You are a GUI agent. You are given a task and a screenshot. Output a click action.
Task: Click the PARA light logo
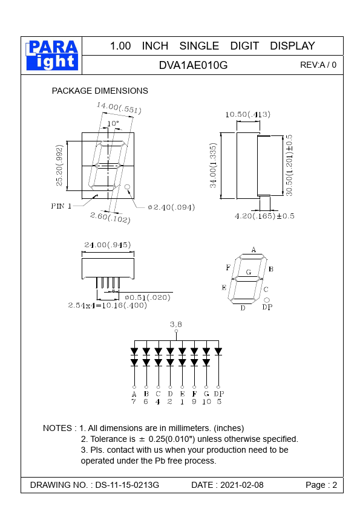[52, 55]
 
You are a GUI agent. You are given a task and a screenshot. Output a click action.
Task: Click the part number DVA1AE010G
[194, 65]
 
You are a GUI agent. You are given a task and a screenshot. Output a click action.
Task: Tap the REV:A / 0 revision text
[318, 65]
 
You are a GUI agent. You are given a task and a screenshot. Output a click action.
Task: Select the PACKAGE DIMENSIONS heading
[100, 91]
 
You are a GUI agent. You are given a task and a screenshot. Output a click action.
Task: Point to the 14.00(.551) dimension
[119, 108]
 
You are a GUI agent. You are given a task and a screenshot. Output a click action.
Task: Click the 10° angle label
[113, 123]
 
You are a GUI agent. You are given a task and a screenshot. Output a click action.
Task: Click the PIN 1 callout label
[61, 206]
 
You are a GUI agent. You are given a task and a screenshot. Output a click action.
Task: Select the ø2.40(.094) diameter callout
[171, 207]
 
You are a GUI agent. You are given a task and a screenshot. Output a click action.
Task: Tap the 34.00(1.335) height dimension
[213, 165]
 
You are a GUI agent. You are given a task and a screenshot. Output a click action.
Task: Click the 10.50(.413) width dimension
[247, 114]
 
